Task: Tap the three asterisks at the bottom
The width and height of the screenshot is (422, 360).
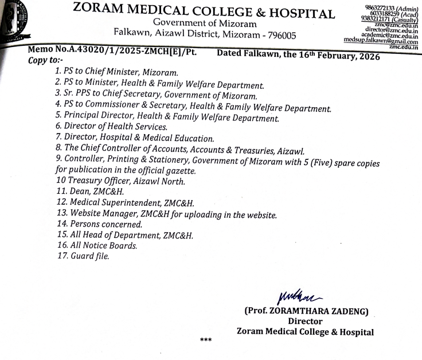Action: (205, 340)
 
